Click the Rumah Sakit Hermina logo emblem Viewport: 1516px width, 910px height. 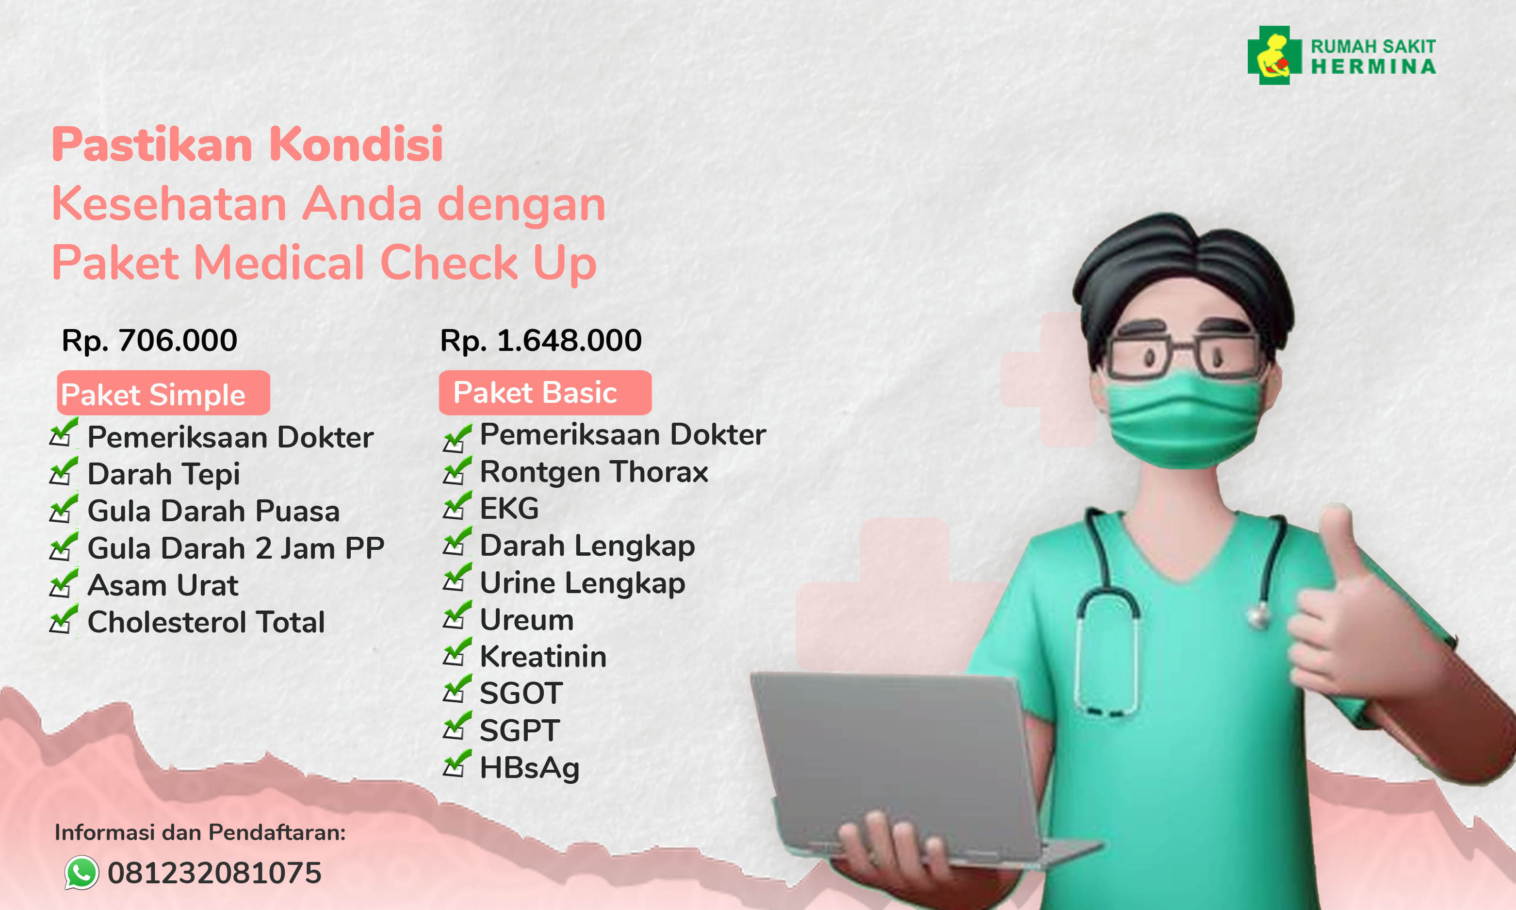(1274, 55)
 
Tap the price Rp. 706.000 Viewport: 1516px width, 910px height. (149, 340)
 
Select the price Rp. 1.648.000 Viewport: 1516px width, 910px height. (540, 340)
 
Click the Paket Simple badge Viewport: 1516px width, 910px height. (163, 393)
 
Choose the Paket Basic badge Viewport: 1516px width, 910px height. (545, 393)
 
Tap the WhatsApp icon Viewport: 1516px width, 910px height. (81, 872)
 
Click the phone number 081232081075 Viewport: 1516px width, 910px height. (214, 873)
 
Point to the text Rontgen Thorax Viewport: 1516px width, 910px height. (593, 472)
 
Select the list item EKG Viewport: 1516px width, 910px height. (508, 508)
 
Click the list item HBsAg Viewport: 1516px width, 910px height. (529, 767)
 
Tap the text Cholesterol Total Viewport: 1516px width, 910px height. (206, 622)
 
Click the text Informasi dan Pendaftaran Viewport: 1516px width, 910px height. (200, 832)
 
